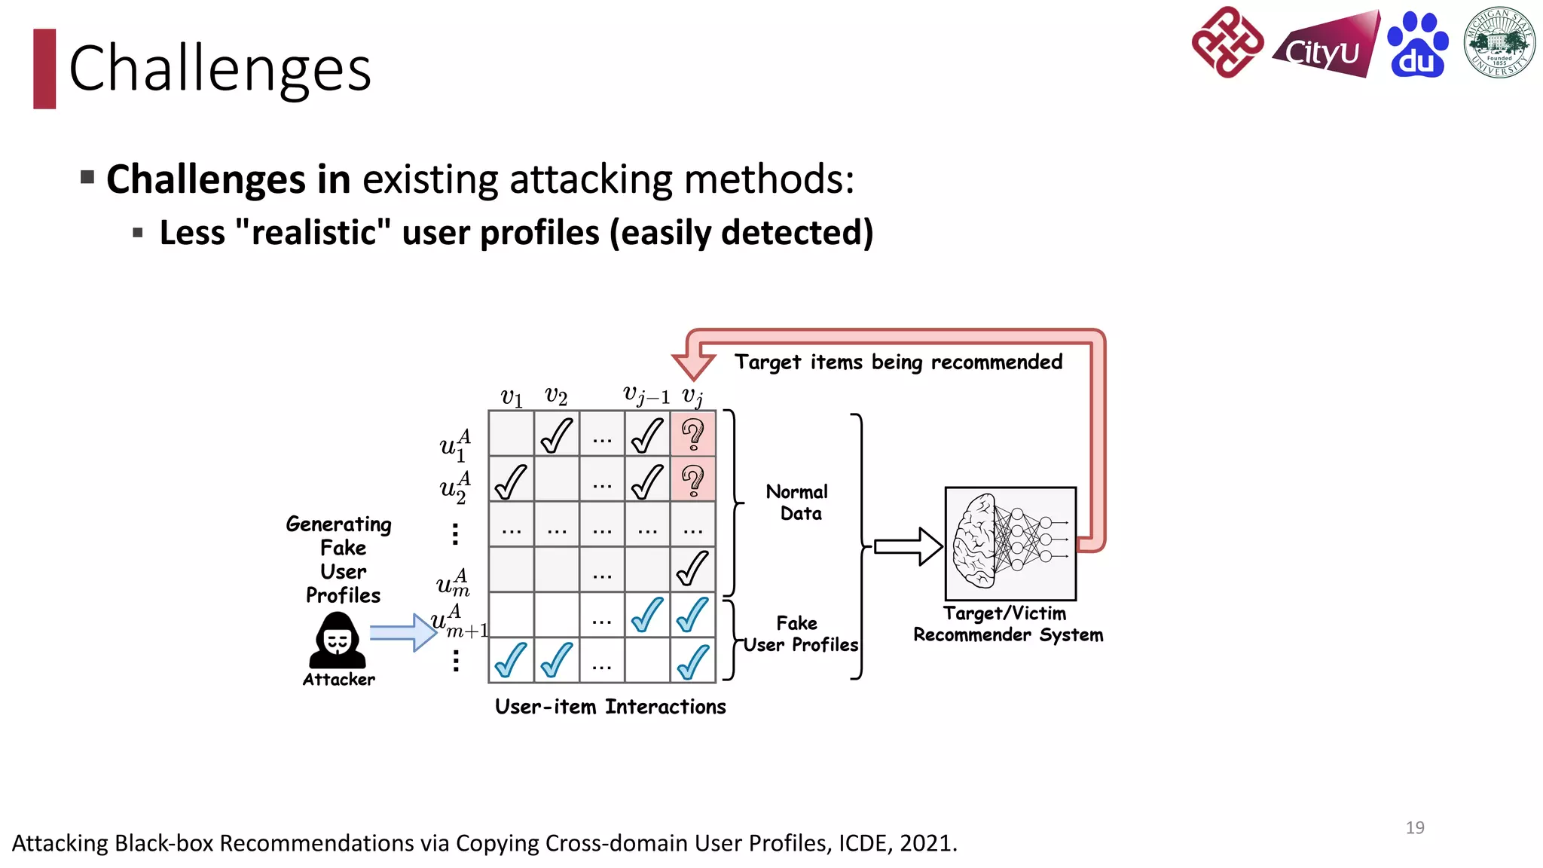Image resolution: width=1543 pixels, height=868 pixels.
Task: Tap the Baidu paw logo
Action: click(x=1417, y=45)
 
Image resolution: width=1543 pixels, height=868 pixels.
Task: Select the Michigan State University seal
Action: click(x=1499, y=43)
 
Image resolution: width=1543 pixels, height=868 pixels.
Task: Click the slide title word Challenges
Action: click(x=220, y=69)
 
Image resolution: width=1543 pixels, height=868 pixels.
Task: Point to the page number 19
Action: click(x=1414, y=827)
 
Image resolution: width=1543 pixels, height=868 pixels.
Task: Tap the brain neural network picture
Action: click(x=1010, y=543)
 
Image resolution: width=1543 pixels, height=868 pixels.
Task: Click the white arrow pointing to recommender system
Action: click(x=908, y=546)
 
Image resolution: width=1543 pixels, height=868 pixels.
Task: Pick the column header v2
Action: click(x=556, y=396)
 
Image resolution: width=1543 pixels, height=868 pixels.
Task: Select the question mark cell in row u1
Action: click(x=692, y=434)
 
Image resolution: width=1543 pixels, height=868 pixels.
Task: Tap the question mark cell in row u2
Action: click(x=692, y=479)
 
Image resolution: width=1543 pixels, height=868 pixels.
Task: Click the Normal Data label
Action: click(x=797, y=503)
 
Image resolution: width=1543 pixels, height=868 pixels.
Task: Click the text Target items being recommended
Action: click(x=898, y=362)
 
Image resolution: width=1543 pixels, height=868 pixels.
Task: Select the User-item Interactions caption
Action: click(x=610, y=707)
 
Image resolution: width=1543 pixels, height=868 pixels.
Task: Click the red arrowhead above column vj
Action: click(x=693, y=365)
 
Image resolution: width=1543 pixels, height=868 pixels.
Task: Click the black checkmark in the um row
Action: click(x=692, y=569)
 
